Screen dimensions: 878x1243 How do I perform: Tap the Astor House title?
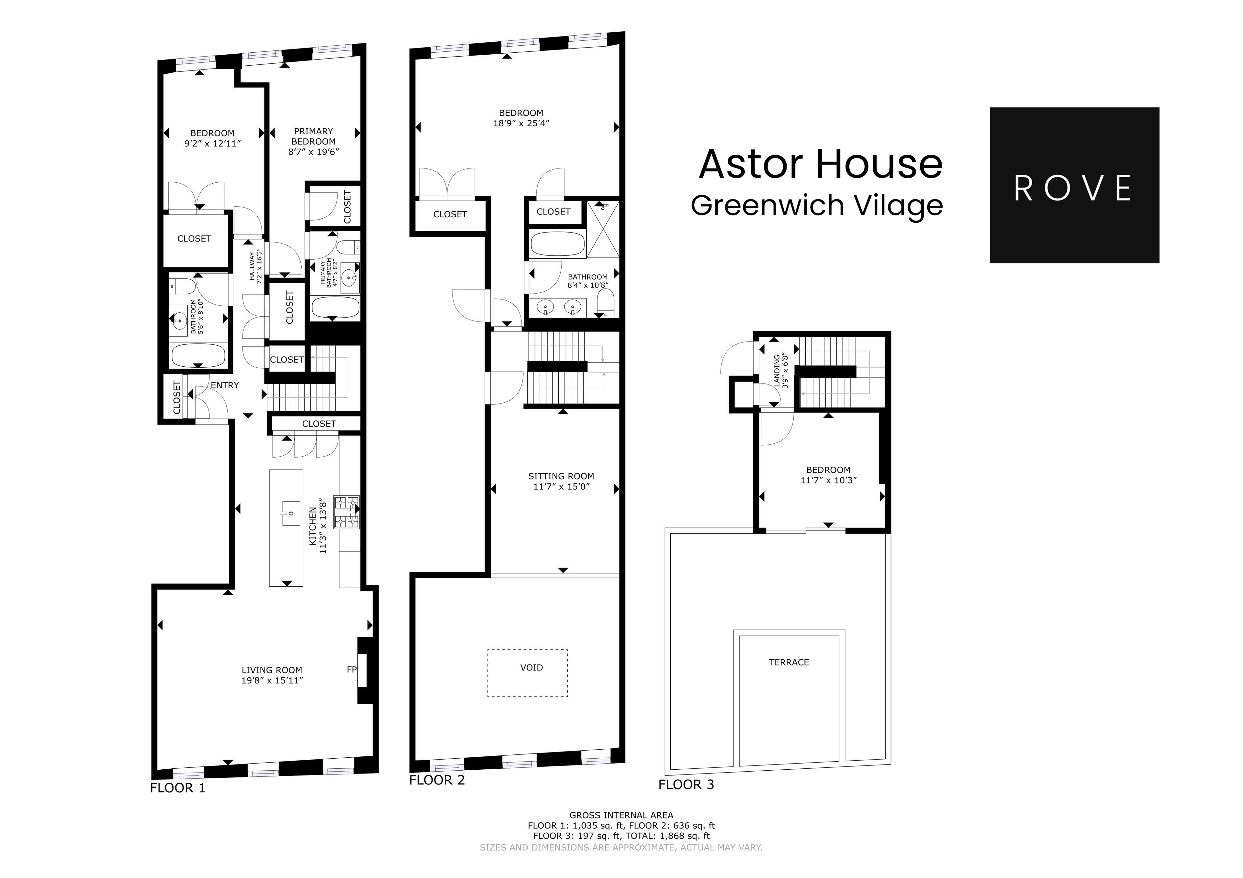pos(821,165)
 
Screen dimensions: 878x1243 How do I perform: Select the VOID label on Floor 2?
pos(531,667)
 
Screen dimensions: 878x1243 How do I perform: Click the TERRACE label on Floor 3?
pos(789,662)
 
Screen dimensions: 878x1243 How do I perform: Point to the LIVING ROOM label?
pos(272,670)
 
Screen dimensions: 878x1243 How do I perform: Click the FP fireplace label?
pos(351,670)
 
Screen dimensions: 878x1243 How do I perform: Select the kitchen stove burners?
pos(346,512)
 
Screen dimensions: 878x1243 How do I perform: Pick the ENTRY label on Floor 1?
pos(225,385)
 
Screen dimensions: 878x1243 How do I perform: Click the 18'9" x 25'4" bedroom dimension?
pos(521,123)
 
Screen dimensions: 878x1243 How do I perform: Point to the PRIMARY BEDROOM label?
pos(313,136)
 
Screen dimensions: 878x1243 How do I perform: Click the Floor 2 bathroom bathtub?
pos(558,244)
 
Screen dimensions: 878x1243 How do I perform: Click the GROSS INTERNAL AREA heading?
pos(621,815)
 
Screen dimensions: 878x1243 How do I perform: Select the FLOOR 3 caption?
pos(686,785)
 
